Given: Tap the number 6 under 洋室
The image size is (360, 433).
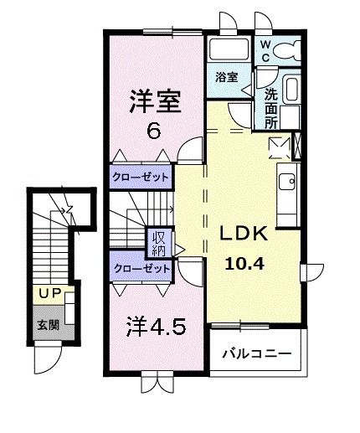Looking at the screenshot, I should [153, 131].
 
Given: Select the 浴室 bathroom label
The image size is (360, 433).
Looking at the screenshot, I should [224, 77].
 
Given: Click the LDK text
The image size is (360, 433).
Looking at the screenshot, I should [244, 234].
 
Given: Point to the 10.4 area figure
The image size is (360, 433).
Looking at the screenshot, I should [243, 263].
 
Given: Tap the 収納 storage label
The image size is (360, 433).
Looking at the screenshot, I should [158, 242].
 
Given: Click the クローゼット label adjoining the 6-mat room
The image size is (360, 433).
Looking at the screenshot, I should [141, 178].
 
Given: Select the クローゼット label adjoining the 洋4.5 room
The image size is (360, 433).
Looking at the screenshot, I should [141, 270].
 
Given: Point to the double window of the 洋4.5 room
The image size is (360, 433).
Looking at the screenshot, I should [154, 381].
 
